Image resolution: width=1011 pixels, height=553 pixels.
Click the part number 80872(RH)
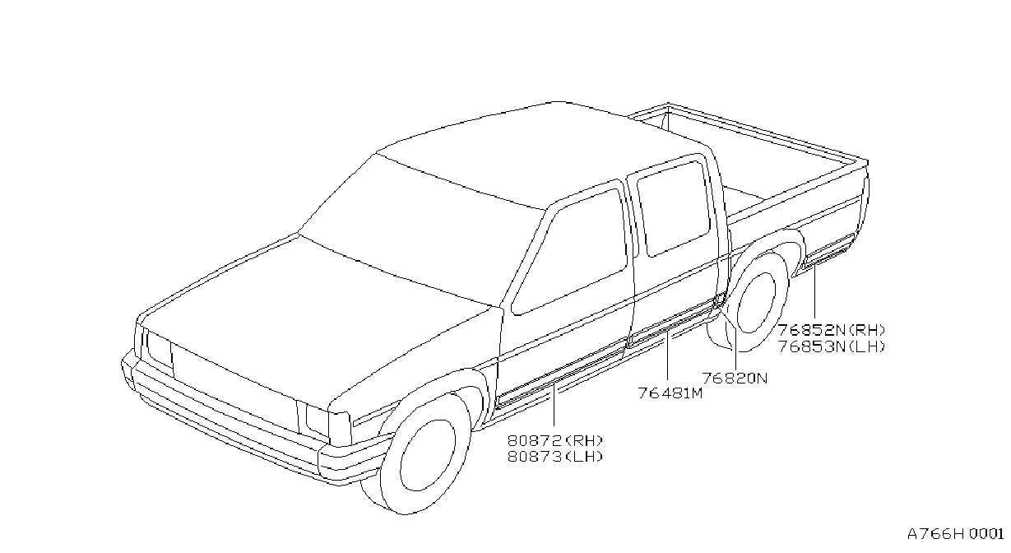click(555, 439)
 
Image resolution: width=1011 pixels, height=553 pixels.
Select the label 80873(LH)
click(555, 457)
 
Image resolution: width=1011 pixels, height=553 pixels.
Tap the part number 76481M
click(670, 393)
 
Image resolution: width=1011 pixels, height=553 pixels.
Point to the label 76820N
click(735, 378)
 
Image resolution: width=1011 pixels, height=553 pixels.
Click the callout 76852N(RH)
click(832, 330)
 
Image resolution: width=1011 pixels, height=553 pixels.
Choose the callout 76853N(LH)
click(832, 346)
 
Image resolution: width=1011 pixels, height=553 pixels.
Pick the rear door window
click(674, 208)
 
